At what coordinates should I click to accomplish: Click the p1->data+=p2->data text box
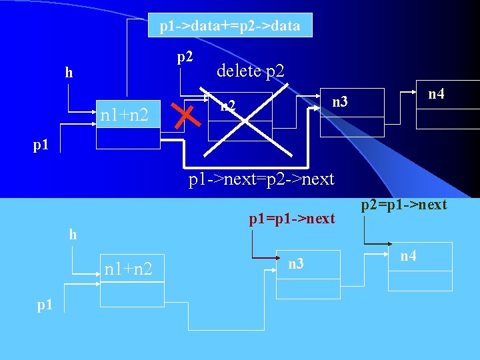click(x=229, y=26)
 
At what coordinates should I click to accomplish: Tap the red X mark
click(x=187, y=117)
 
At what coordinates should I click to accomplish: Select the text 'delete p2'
click(x=250, y=71)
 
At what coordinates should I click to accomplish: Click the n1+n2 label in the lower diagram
click(x=128, y=269)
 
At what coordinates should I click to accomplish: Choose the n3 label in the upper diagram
click(x=340, y=101)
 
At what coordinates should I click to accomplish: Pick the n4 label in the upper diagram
click(x=436, y=95)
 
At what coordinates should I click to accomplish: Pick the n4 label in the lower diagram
click(x=409, y=255)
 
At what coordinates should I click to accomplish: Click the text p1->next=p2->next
click(x=261, y=179)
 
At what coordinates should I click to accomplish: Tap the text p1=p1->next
click(x=291, y=219)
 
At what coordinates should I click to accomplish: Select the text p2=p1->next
click(x=404, y=205)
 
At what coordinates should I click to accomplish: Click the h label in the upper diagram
click(x=69, y=73)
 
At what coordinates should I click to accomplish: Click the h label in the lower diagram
click(x=73, y=235)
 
